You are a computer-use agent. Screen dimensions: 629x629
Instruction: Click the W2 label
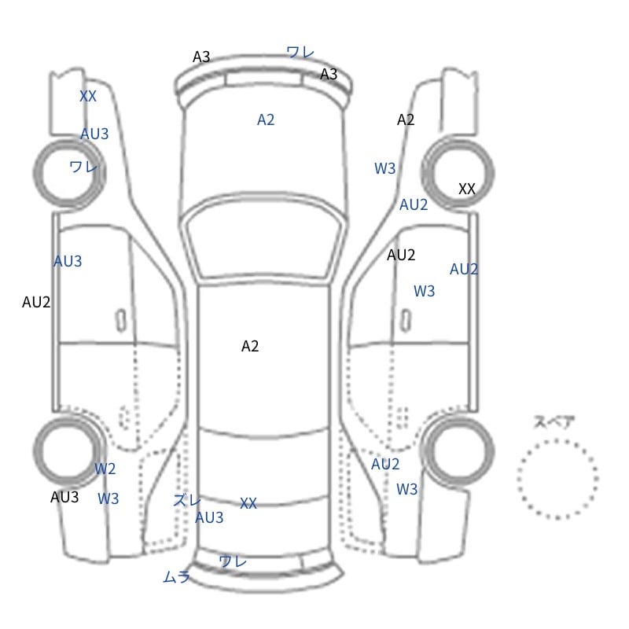coord(105,469)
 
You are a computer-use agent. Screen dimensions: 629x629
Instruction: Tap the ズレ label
coord(187,500)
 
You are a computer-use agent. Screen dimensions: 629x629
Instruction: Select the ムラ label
coord(176,577)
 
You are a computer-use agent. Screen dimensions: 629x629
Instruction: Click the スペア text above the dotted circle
coord(548,422)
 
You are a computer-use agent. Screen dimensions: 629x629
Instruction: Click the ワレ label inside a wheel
coord(83,166)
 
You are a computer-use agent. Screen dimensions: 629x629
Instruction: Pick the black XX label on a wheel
coord(467,189)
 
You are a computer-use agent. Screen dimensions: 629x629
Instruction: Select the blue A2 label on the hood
coord(266,120)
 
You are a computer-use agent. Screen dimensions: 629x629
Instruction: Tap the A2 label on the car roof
coord(250,346)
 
